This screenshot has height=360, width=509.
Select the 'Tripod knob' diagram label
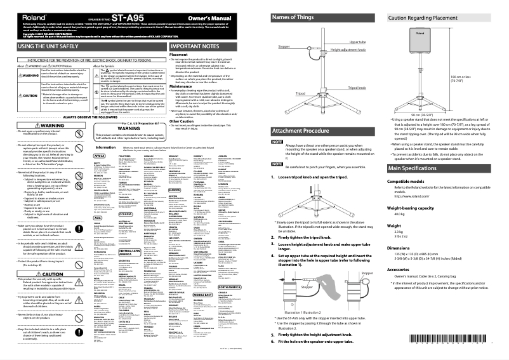click(357, 87)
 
